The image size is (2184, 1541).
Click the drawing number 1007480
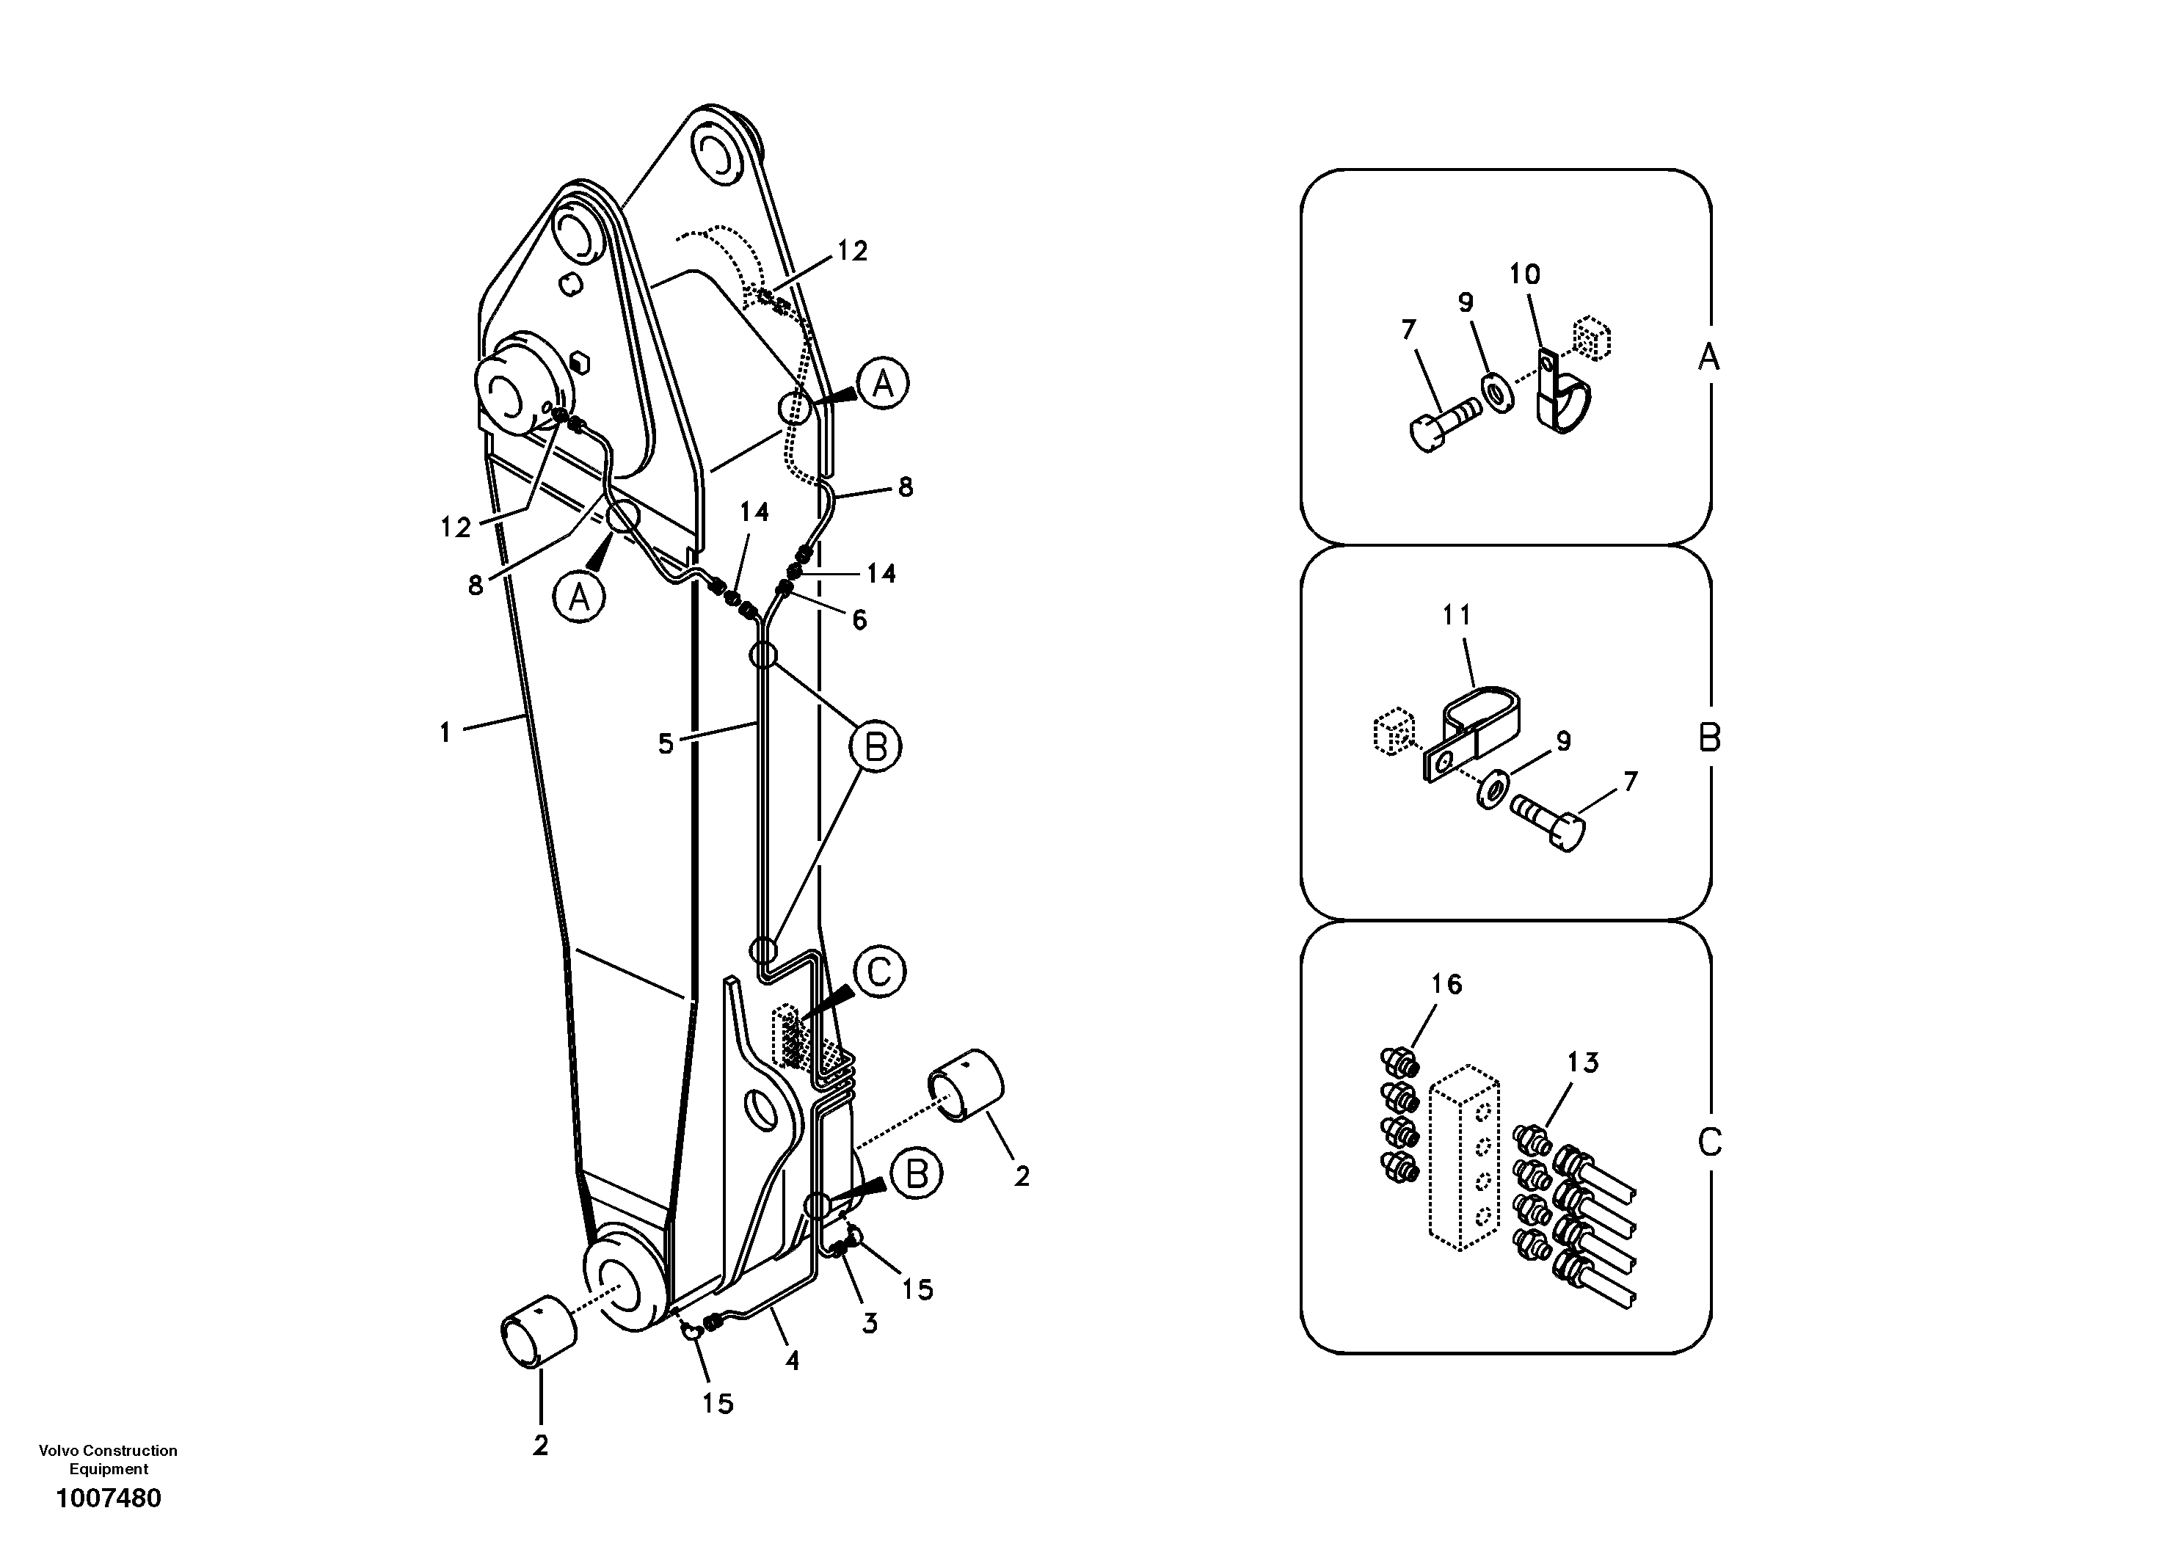(x=109, y=1498)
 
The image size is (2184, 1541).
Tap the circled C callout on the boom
(x=879, y=972)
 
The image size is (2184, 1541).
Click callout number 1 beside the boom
(x=444, y=732)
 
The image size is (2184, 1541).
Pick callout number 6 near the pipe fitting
(x=859, y=620)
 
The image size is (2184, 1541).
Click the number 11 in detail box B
(x=1456, y=616)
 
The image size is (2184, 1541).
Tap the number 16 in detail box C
(x=1446, y=985)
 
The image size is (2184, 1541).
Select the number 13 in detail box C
(x=1583, y=1063)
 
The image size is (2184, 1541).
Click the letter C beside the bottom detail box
(x=1709, y=1142)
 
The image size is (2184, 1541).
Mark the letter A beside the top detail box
(x=1709, y=357)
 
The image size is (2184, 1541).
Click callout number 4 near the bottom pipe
(x=791, y=1361)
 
